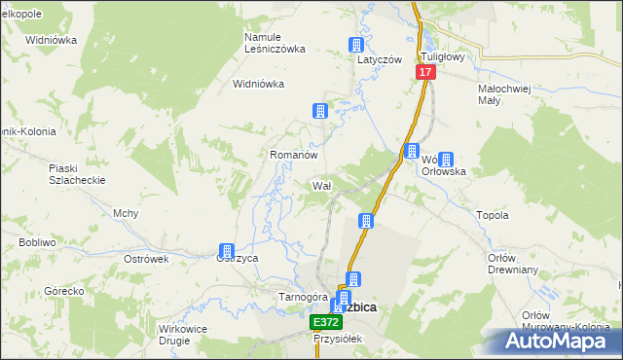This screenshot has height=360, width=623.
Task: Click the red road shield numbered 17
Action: pyautogui.click(x=425, y=73)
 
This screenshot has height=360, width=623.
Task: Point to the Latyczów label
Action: pyautogui.click(x=379, y=59)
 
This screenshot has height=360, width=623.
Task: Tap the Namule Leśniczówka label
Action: pyautogui.click(x=275, y=43)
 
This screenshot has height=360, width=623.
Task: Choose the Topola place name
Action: pyautogui.click(x=492, y=215)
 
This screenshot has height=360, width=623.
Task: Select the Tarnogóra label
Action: pyautogui.click(x=300, y=296)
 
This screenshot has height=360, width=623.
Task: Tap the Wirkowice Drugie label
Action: pyautogui.click(x=183, y=336)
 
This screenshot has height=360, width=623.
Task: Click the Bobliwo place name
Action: pyautogui.click(x=36, y=241)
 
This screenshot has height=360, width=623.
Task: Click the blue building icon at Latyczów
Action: pyautogui.click(x=356, y=45)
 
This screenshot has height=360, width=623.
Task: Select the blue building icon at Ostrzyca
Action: pyautogui.click(x=228, y=251)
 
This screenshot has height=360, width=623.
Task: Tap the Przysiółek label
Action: pyautogui.click(x=337, y=339)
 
